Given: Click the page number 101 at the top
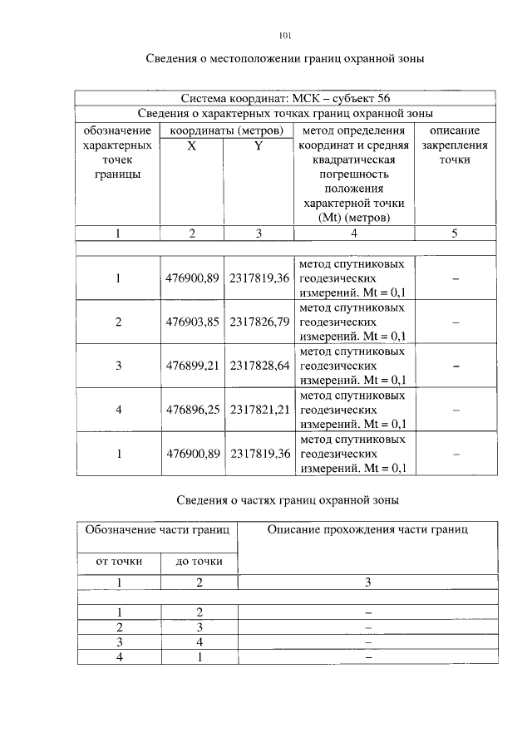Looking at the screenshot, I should (x=285, y=36).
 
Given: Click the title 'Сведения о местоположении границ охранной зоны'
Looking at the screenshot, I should (x=285, y=59).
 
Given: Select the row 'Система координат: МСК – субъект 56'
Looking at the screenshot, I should (x=285, y=99).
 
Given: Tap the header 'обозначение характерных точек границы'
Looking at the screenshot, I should (x=118, y=152).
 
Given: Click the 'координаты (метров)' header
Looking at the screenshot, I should (x=226, y=130).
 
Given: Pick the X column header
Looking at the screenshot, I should (x=192, y=145).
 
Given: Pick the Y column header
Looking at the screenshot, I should (x=259, y=145).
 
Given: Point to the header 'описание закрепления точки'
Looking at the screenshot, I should (x=455, y=145).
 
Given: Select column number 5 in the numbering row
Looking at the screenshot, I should (x=455, y=233).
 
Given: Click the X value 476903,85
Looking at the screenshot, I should (x=193, y=322).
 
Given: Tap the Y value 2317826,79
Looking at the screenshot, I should (x=260, y=322).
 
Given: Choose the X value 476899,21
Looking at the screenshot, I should (x=193, y=366).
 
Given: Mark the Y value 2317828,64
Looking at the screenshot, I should (x=260, y=366).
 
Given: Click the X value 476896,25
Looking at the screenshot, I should (x=193, y=410).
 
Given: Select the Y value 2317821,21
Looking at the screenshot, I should (x=260, y=410).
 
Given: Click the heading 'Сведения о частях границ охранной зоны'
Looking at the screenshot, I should (x=288, y=500).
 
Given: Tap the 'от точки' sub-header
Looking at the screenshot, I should (x=119, y=562).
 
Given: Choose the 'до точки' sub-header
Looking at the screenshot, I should (x=199, y=562).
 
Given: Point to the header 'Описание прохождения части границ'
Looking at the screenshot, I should (x=367, y=529).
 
